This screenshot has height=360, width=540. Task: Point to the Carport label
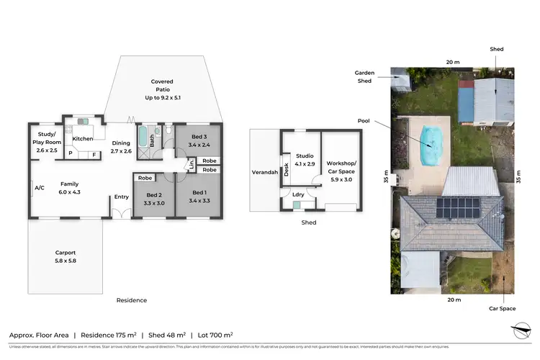[66, 256]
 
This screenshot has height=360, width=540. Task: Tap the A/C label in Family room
[39, 188]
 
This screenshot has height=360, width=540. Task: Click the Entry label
[121, 197]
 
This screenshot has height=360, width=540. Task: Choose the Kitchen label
[83, 138]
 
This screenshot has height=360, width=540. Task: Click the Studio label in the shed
[305, 159]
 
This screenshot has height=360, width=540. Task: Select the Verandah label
[264, 172]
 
